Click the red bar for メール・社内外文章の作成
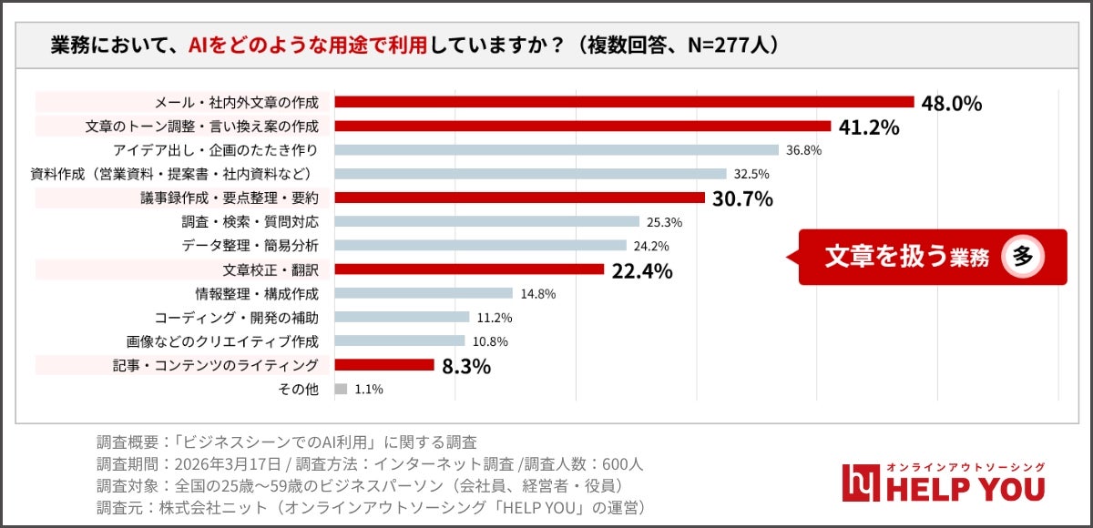pos(624,102)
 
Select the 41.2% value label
pos(869,127)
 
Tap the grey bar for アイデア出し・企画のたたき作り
pos(557,150)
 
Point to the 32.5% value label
pos(751,174)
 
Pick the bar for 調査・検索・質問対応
pos(486,221)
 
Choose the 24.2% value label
pos(651,246)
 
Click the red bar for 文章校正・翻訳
pos(469,269)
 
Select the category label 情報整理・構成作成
pos(257,293)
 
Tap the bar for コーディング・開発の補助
pos(402,317)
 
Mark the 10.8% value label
pos(490,341)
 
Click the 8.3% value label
pos(466,366)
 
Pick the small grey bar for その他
pos(341,389)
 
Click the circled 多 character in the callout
pos(1022,257)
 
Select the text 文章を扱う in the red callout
pos(873,257)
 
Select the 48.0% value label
pos(952,103)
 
